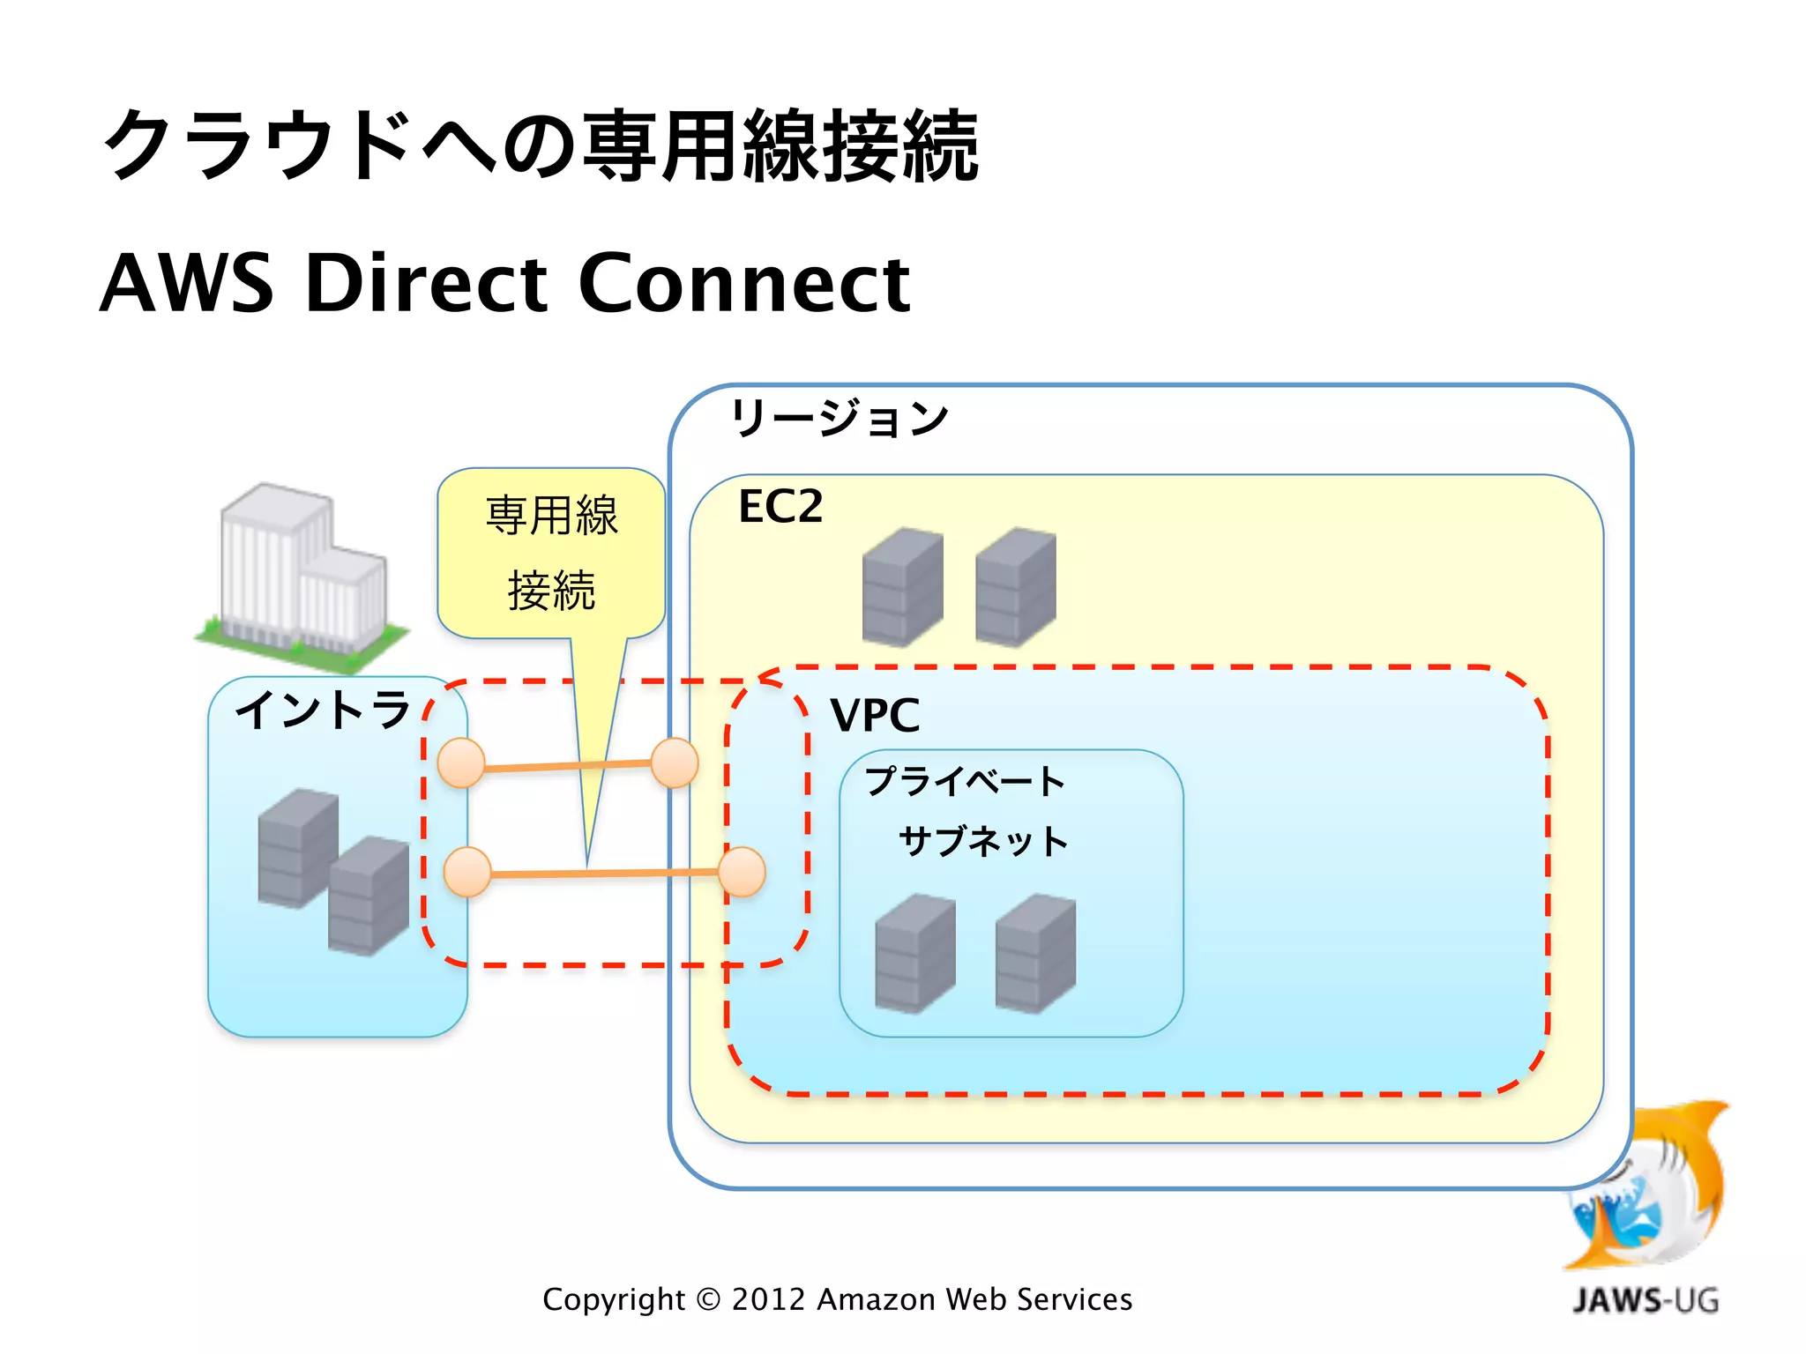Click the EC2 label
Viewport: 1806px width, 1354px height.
(780, 507)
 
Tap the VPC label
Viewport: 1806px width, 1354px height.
(875, 715)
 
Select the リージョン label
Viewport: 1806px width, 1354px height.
(840, 418)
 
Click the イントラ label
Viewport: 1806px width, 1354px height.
(324, 710)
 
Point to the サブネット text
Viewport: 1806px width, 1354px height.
(982, 841)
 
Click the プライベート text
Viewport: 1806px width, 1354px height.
(965, 782)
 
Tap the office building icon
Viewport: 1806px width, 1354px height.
(300, 577)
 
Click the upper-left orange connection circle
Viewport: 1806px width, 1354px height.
(461, 763)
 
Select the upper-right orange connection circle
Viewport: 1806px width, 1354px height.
(675, 763)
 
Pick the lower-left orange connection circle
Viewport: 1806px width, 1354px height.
(466, 873)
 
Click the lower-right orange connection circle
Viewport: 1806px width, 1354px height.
(742, 872)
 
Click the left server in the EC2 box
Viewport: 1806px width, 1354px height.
(902, 586)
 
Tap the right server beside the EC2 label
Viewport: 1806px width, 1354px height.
(1016, 586)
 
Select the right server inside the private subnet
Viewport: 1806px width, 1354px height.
(1035, 953)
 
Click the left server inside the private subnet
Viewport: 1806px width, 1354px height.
(914, 953)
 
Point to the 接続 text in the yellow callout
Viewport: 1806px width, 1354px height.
(551, 591)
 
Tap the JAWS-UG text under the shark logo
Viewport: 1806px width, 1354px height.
(1646, 1300)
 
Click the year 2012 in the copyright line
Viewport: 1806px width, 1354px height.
(768, 1299)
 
